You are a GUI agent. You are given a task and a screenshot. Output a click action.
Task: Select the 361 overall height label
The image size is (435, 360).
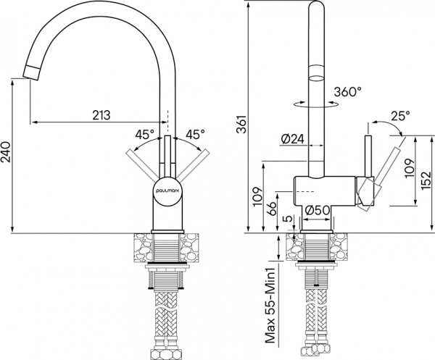pyautogui.click(x=251, y=127)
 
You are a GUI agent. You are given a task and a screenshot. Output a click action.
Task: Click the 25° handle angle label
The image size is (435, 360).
pyautogui.click(x=399, y=115)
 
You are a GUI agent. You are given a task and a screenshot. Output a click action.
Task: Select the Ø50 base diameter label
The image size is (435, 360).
pyautogui.click(x=318, y=210)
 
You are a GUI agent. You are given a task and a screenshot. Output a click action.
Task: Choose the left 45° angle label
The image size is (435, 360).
pyautogui.click(x=144, y=134)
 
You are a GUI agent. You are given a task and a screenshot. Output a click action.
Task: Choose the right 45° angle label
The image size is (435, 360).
pyautogui.click(x=194, y=134)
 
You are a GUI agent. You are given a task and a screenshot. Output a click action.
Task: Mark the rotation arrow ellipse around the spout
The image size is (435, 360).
pyautogui.click(x=315, y=104)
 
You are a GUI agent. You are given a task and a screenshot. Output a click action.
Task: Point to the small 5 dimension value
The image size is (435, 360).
pyautogui.click(x=288, y=218)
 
